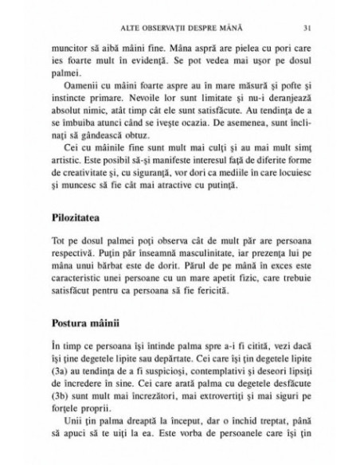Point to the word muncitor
pos(68,48)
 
